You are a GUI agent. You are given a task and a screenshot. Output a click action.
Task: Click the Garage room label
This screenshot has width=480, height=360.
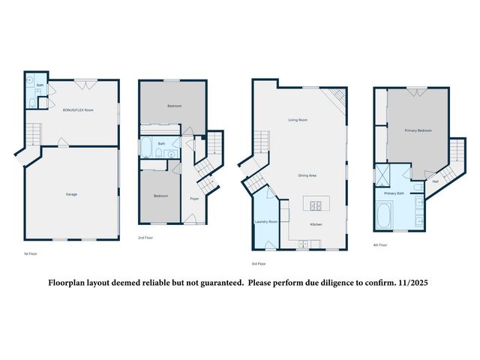pos(71,194)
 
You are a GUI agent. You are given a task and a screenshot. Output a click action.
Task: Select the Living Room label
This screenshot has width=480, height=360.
pos(298,120)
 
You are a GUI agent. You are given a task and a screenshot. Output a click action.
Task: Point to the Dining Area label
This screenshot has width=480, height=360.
pos(307,175)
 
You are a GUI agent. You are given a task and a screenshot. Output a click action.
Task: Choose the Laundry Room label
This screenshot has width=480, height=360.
pos(267,222)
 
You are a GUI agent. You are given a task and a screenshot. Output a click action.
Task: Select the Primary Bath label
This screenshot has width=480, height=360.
pos(394,193)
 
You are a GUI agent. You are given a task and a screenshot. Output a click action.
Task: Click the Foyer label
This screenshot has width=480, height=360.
pos(193,198)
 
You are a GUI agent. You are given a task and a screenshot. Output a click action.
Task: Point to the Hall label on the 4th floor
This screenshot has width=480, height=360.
pos(435,181)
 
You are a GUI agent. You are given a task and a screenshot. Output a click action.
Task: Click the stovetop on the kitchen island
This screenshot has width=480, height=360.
pos(316,204)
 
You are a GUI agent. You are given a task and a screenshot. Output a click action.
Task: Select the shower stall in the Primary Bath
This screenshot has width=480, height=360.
pos(383,177)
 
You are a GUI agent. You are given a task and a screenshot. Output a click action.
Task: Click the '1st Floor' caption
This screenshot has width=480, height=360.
pos(31,254)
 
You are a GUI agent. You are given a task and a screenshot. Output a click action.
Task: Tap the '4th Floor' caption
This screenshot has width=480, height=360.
pos(380,244)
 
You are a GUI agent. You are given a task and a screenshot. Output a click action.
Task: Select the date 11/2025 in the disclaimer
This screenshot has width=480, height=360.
pos(411,283)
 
